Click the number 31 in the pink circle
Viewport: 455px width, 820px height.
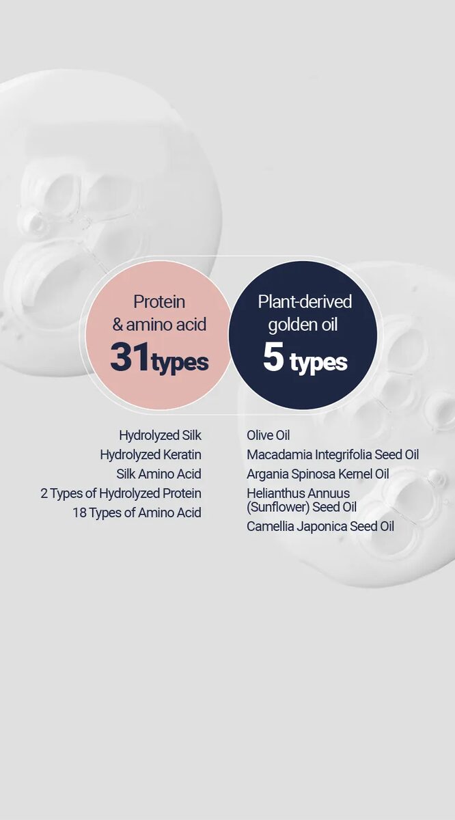tap(130, 356)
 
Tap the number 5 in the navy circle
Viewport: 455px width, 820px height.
tap(273, 357)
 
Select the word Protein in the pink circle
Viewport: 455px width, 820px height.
tap(159, 302)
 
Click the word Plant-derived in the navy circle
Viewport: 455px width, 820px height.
tap(305, 301)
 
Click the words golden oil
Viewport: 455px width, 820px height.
tap(303, 325)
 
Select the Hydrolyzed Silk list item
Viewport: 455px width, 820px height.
tap(161, 436)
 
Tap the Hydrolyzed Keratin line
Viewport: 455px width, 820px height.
tap(151, 455)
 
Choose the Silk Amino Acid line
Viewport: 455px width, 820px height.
tap(159, 474)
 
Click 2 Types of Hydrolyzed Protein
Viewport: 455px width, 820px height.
tap(121, 493)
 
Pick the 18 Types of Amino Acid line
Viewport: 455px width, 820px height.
tap(137, 513)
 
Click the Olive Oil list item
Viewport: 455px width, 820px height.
tap(268, 436)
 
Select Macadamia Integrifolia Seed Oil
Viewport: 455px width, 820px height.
tap(333, 455)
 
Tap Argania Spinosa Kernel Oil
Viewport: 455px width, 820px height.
tap(318, 474)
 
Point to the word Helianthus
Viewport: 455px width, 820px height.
tap(274, 493)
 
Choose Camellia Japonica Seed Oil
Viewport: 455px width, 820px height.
tap(320, 526)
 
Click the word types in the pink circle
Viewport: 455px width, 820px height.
tap(180, 363)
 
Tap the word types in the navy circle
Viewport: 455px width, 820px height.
tap(318, 363)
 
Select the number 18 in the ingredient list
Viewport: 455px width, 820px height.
tap(79, 513)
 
